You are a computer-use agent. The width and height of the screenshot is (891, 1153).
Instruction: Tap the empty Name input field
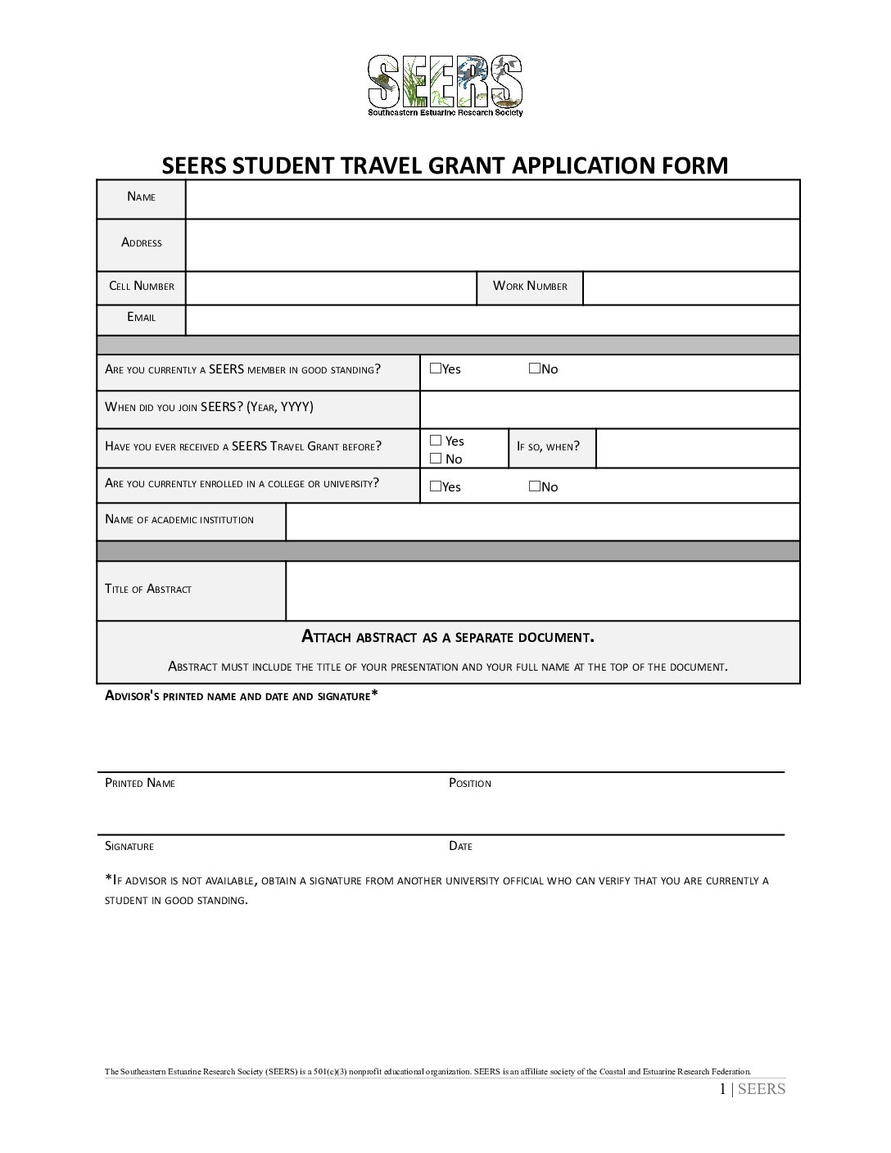[492, 199]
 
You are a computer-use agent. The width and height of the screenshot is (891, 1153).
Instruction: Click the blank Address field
[492, 245]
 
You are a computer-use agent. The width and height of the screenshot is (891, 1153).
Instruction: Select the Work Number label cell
[530, 287]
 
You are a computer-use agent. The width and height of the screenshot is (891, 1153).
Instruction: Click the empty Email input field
[492, 320]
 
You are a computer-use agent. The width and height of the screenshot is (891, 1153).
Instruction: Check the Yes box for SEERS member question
[435, 369]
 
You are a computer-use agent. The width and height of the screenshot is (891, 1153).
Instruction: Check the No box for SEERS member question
[534, 369]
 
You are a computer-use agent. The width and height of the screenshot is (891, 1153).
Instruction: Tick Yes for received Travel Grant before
[436, 441]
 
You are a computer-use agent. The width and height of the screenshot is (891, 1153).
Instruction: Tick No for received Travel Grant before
[436, 459]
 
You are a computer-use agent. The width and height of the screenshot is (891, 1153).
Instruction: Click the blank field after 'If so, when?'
[697, 448]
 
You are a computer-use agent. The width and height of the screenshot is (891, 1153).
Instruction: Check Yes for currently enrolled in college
[435, 486]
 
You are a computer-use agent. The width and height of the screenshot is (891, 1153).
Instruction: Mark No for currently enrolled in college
[534, 486]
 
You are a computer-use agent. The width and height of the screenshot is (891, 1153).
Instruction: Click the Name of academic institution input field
[542, 522]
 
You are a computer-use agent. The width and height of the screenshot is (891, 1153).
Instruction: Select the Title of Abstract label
[148, 589]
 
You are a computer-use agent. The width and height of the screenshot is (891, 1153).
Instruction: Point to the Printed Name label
[140, 783]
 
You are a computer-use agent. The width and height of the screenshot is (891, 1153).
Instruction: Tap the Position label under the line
[470, 783]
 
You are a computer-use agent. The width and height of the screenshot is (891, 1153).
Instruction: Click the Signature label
[129, 846]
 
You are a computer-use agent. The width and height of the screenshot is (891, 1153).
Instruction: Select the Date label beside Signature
[460, 846]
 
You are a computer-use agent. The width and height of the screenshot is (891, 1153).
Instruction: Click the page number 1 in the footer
[722, 1088]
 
